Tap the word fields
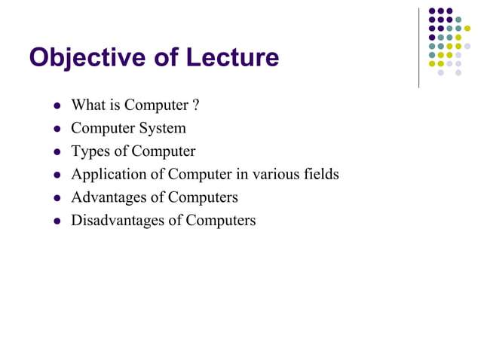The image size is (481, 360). (320, 174)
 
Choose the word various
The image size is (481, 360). (276, 174)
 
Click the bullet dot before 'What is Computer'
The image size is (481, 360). (56, 105)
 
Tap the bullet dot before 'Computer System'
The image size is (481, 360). (56, 129)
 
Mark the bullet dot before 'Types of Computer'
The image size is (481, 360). (56, 152)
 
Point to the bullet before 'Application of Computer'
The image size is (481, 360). (56, 175)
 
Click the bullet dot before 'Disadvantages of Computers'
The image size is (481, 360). (56, 221)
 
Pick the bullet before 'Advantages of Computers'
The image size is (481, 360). (56, 198)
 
